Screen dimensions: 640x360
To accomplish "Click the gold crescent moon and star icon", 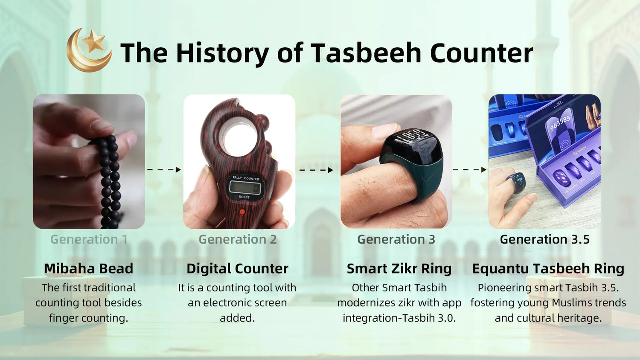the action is pos(89,50).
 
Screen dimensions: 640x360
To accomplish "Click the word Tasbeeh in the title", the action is pos(366,53).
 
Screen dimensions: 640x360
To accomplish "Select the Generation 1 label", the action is pos(89,239).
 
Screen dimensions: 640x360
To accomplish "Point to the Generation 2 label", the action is pos(238,239).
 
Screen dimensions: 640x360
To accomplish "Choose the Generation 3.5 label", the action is pos(544,239).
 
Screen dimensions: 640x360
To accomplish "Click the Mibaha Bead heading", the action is pos(89,269).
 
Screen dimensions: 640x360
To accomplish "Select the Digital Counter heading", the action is pos(237,269).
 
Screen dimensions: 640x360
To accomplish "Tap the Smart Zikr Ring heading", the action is pos(399,269).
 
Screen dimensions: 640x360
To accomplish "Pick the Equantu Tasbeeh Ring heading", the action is pos(548,269).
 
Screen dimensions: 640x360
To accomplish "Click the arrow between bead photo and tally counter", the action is pos(164,170).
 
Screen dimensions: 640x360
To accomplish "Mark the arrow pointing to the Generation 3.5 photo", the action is pos(470,170).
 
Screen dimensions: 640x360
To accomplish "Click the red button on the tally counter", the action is pos(242,212).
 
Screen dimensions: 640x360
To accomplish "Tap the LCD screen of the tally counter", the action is pos(245,187).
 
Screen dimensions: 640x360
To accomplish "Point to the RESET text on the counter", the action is pos(244,197).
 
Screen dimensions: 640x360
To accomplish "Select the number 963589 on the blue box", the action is pos(560,123).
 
